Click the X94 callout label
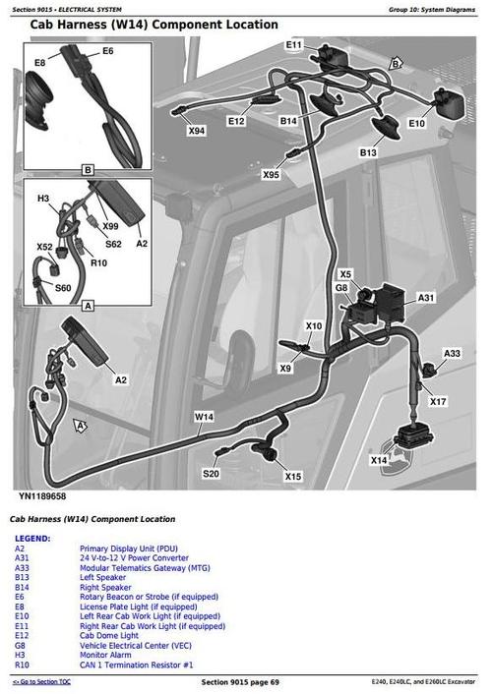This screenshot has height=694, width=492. [197, 130]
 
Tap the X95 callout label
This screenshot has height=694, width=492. [271, 175]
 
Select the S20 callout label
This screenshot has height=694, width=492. [212, 474]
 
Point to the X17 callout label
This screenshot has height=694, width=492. [438, 401]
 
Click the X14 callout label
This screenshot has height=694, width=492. [378, 460]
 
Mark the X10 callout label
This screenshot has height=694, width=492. [314, 326]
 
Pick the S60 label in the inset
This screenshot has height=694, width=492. [62, 288]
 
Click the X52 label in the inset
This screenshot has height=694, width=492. [45, 247]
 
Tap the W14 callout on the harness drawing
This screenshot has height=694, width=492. [204, 417]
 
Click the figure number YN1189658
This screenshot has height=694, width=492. [48, 497]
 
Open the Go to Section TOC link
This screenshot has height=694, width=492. [41, 681]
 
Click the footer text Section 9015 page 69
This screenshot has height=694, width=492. [240, 681]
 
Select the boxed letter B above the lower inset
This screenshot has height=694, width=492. [87, 170]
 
